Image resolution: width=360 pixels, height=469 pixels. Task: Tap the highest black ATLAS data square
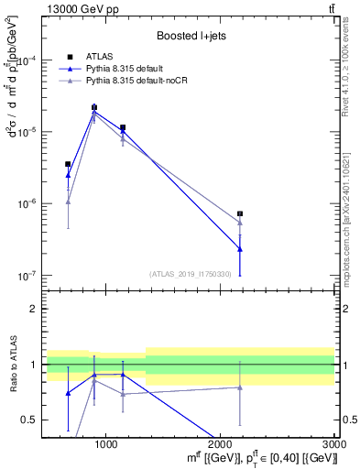[x=94, y=107]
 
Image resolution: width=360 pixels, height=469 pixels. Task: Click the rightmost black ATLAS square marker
[x=240, y=213]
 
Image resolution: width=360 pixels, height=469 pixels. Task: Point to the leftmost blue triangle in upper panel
[x=68, y=174]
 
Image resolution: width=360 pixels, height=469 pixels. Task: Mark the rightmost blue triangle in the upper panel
[x=240, y=249]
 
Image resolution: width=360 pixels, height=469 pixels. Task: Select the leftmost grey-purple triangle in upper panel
[x=68, y=202]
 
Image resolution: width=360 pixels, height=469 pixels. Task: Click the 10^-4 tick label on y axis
[x=34, y=60]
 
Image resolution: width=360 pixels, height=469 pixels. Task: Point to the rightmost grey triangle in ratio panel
[x=240, y=387]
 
